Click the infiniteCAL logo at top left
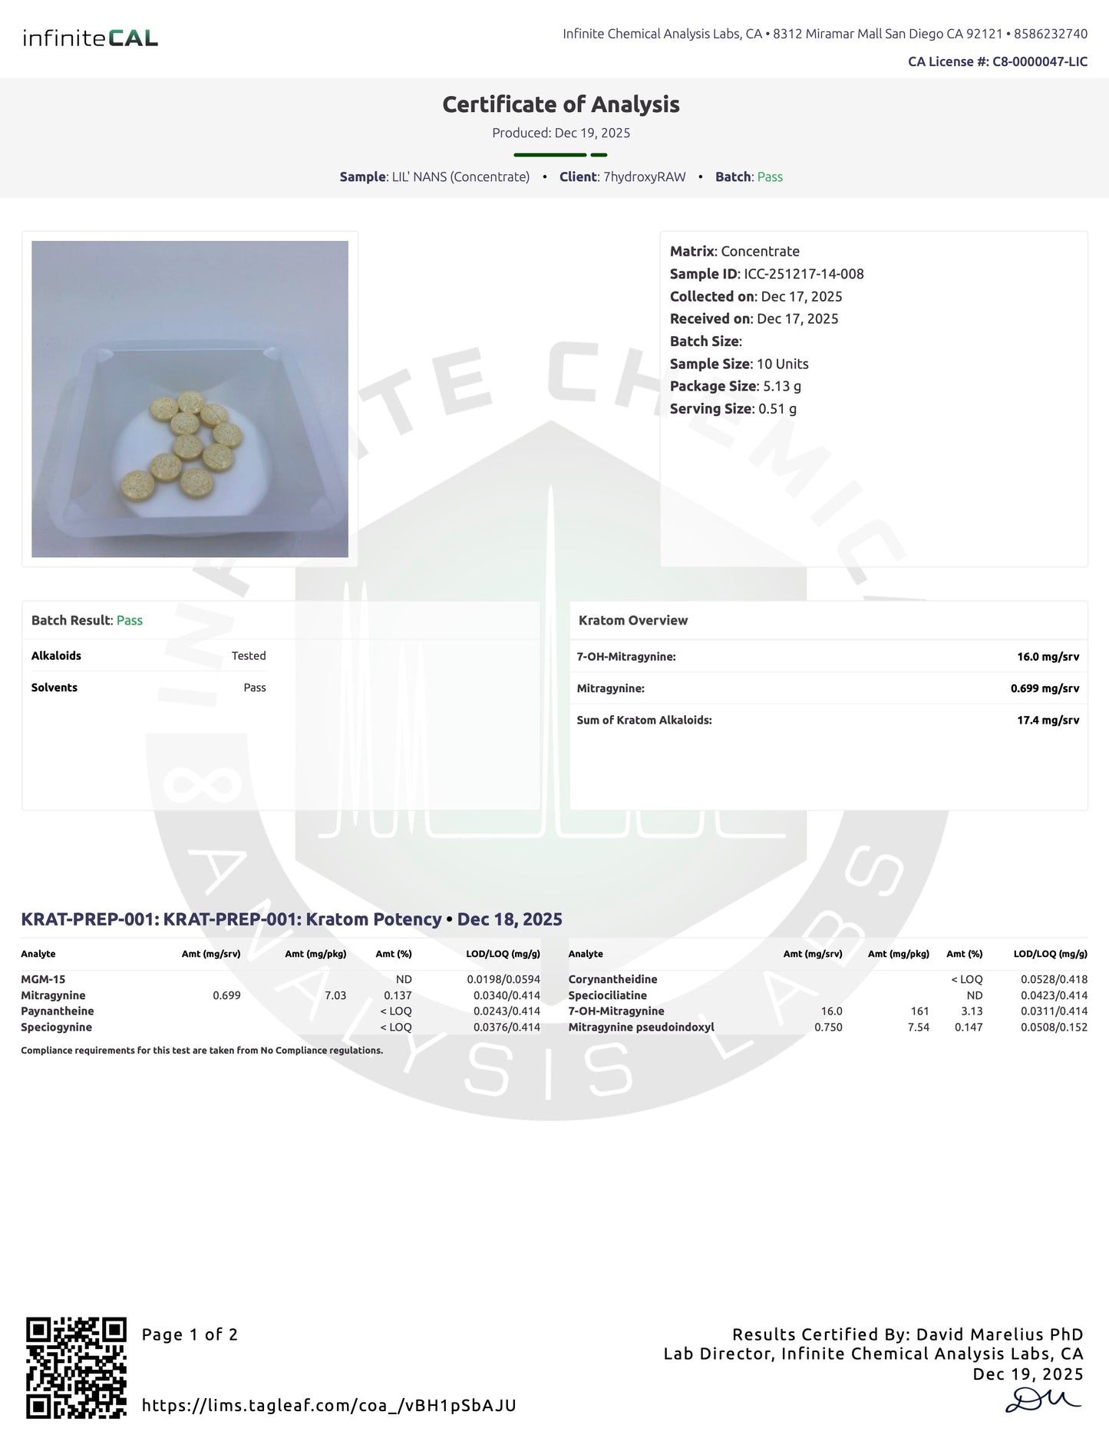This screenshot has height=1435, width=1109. point(90,38)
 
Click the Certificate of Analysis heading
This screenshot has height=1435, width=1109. point(561,104)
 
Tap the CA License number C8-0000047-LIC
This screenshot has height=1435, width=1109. point(1039,61)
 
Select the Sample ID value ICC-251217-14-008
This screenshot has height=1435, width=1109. point(804,274)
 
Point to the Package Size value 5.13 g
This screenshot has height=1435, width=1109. point(782,386)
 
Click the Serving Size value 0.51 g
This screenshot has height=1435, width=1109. point(777,408)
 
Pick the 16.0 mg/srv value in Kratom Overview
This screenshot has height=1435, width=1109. point(1048,657)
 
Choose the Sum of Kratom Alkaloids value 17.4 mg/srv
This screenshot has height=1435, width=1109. point(1048,720)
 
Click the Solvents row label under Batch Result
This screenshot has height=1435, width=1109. point(54,688)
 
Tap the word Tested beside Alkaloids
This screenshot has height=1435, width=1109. point(249,656)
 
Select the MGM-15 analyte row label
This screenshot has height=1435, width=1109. point(43,979)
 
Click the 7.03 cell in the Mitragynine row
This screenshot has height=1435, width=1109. point(335,995)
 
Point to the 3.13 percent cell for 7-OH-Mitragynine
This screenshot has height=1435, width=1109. point(972,1011)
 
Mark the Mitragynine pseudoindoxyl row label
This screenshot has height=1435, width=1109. point(641,1028)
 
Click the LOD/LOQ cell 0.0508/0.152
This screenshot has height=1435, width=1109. point(1054,1028)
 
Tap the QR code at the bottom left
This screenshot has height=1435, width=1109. point(76,1367)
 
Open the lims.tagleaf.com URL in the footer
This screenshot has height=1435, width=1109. point(328,1406)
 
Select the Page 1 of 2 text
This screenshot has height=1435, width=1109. point(190,1334)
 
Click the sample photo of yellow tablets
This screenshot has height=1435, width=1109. point(190,399)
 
